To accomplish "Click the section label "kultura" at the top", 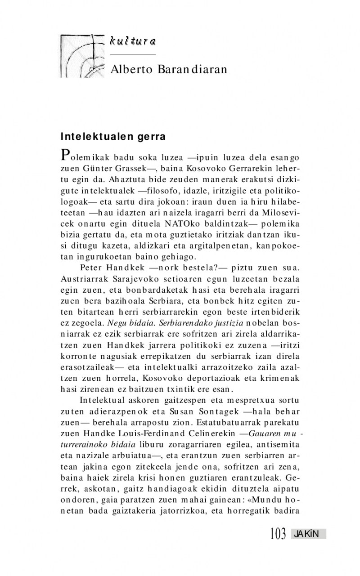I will tap(133, 42).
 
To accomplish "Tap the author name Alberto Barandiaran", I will tap(169, 69).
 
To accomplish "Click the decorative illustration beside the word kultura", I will tap(82, 55).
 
